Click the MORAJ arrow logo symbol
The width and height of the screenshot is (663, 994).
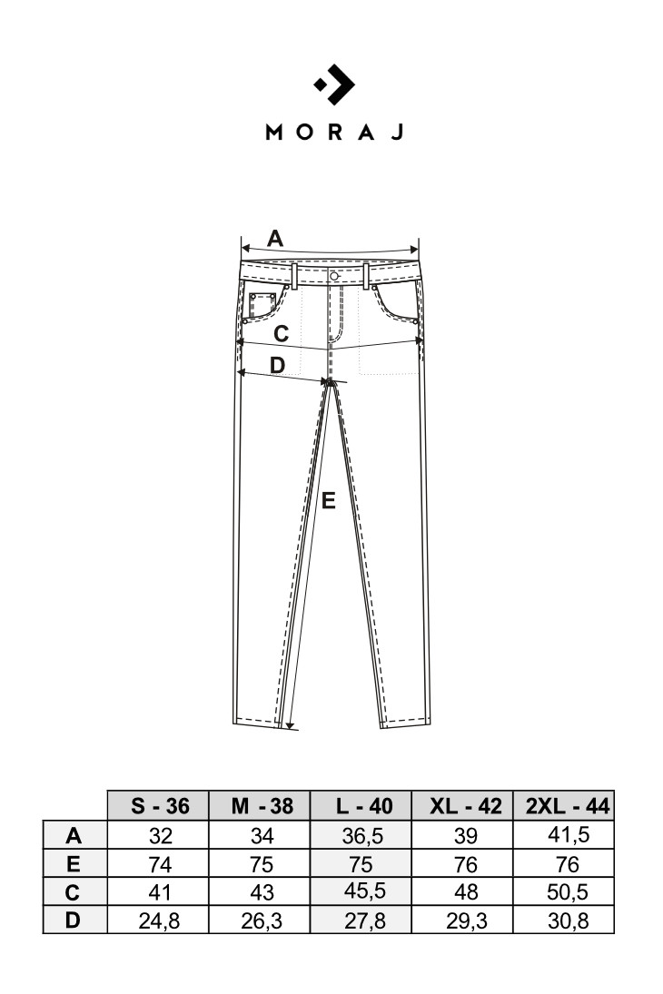tap(334, 84)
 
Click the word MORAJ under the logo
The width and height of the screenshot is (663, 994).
tap(334, 132)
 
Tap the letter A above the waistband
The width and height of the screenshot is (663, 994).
tap(274, 239)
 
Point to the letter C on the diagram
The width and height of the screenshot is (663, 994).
tap(281, 333)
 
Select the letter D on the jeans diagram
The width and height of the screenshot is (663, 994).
tap(277, 365)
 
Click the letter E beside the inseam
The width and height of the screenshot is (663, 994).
tap(328, 501)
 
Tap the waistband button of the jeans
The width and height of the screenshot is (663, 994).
tap(333, 276)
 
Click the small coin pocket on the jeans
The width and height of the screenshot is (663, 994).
tap(262, 304)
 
